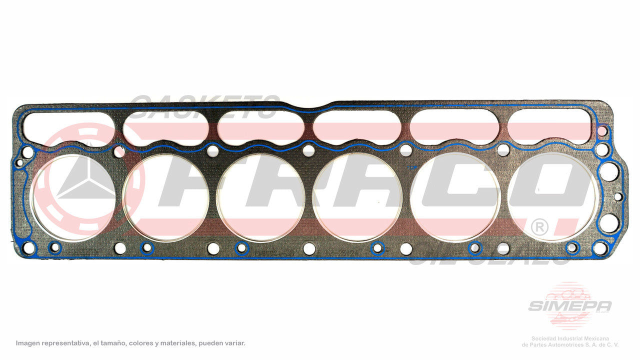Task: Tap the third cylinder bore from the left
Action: coord(260,197)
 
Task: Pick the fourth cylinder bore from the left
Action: coord(356,197)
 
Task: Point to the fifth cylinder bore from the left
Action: coord(454,197)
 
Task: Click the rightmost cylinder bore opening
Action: coord(552,197)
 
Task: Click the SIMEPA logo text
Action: coord(569,306)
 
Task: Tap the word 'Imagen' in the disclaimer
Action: coord(28,343)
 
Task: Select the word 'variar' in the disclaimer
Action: coord(234,343)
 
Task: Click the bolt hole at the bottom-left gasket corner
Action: coord(29,247)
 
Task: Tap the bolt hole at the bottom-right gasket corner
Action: coord(600,247)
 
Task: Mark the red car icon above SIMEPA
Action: coord(568,292)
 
